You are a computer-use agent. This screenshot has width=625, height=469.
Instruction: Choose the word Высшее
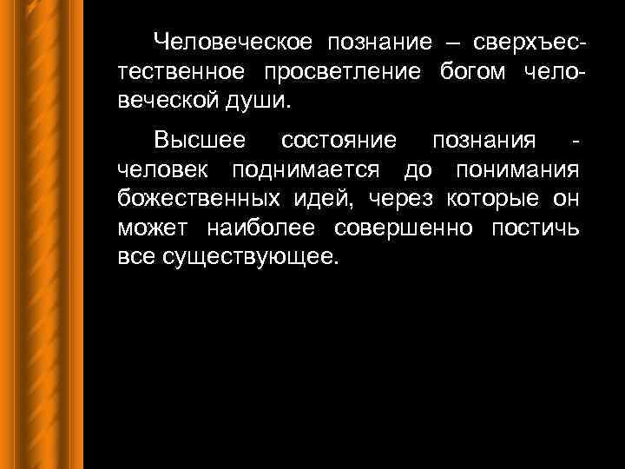(x=199, y=141)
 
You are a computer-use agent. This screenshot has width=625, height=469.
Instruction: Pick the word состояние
(x=339, y=141)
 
